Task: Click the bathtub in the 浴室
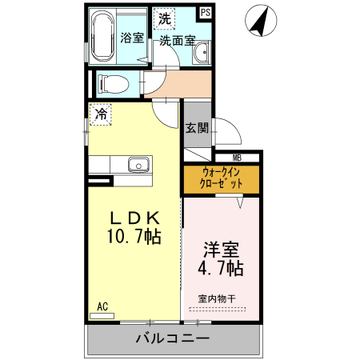(102, 36)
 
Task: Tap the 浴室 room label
(132, 38)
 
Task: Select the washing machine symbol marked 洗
(164, 18)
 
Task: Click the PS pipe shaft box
(206, 13)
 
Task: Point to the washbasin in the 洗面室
(202, 53)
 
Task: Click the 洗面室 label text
(178, 41)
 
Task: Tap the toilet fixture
(114, 84)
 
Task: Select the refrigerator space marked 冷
(100, 114)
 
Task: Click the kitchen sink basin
(138, 165)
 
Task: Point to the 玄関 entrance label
(197, 128)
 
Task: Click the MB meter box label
(237, 158)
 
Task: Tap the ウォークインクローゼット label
(221, 178)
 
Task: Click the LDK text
(135, 218)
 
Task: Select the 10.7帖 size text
(134, 236)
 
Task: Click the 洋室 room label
(222, 250)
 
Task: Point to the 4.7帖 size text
(221, 268)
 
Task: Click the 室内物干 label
(217, 298)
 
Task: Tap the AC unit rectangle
(102, 316)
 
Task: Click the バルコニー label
(173, 338)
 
